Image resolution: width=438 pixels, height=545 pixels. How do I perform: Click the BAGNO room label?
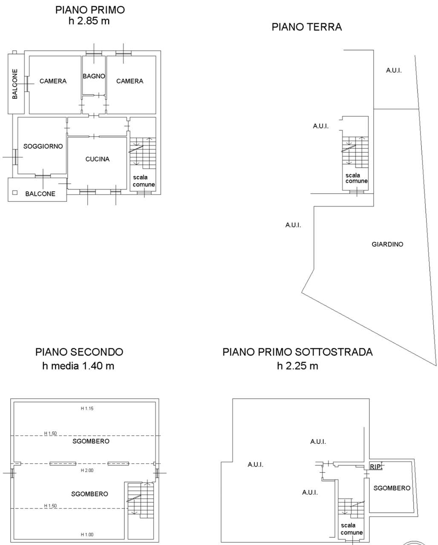[x=94, y=76]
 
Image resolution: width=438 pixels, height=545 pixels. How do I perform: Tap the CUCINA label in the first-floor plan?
[x=97, y=159]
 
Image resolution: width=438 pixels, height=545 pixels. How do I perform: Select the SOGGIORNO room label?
[x=43, y=146]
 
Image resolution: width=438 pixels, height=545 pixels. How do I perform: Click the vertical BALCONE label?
[x=15, y=84]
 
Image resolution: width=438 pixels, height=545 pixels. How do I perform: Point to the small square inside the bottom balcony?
[x=15, y=193]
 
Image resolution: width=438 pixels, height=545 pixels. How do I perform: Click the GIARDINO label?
[x=387, y=244]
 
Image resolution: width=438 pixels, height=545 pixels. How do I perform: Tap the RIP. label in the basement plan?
[x=376, y=467]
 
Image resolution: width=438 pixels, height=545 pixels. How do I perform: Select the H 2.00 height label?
[x=87, y=470]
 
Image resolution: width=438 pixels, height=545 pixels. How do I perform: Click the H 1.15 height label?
[x=87, y=408]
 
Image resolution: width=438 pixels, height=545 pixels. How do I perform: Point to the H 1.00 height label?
[x=87, y=534]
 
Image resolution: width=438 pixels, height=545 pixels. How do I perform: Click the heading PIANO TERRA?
[x=307, y=27]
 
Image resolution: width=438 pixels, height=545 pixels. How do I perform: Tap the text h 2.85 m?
[x=89, y=21]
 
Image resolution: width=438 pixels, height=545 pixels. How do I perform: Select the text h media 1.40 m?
[x=78, y=366]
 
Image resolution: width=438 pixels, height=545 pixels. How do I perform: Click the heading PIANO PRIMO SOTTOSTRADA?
[x=297, y=352]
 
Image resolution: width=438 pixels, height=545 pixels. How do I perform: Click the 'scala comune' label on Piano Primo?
[x=144, y=181]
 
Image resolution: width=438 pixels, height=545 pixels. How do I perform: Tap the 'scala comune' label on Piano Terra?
[x=356, y=178]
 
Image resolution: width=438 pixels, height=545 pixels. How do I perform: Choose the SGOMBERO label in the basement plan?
[x=392, y=488]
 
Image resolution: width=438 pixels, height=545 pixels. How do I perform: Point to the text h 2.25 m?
[x=297, y=366]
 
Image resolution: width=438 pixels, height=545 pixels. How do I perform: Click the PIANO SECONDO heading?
[x=79, y=352]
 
